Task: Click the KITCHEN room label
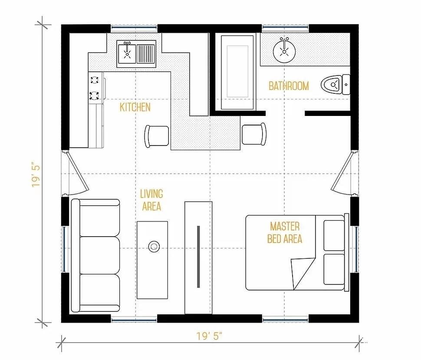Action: click(x=135, y=107)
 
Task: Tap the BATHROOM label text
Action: click(x=289, y=86)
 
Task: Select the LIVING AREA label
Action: click(x=151, y=200)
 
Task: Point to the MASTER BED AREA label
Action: click(x=285, y=233)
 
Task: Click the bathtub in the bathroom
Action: click(x=237, y=73)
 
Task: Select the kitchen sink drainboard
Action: click(x=146, y=54)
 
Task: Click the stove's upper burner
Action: click(x=94, y=80)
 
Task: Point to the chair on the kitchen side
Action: click(x=157, y=136)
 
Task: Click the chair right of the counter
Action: click(x=254, y=134)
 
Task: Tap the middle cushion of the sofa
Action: click(x=100, y=255)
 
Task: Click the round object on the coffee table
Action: click(x=154, y=246)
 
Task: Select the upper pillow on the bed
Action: click(x=334, y=235)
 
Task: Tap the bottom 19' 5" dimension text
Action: click(x=210, y=336)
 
